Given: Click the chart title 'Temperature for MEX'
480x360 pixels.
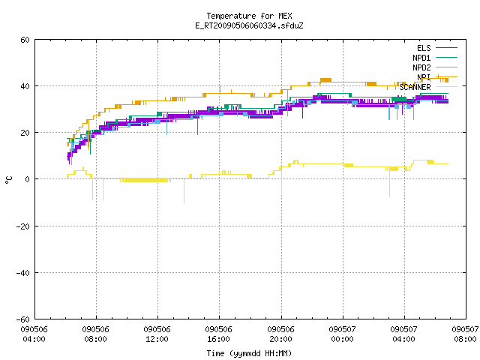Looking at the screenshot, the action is point(249,16).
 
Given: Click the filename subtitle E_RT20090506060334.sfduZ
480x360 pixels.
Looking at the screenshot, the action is point(249,25).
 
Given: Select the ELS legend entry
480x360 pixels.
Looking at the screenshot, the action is point(424,48).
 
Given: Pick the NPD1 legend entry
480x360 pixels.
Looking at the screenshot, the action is point(421,58).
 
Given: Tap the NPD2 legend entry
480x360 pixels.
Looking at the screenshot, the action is point(421,67).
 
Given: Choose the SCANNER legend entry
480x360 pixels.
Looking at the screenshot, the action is point(415,87).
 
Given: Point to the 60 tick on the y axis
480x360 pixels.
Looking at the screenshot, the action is point(25,40).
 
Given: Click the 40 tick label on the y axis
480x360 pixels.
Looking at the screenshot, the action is point(25,86).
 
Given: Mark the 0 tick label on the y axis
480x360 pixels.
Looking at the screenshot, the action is point(28,179).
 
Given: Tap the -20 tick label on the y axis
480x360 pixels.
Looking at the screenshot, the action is point(23,226).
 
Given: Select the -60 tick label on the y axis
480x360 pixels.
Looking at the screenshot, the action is point(23,319).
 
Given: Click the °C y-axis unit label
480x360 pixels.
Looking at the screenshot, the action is point(9,180).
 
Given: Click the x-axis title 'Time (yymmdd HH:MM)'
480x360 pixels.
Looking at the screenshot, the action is point(249,353).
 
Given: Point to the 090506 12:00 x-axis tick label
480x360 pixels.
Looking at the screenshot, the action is point(157,334).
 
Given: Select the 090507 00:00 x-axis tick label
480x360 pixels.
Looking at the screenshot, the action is point(342,334).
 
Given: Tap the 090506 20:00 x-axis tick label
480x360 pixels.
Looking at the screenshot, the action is point(280,334).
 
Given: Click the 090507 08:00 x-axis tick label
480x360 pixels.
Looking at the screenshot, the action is point(465,334).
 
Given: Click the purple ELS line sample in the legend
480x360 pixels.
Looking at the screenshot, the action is point(447,48).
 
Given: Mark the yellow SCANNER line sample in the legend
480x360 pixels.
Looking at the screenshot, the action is point(447,87).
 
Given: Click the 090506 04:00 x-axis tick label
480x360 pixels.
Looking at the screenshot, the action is point(34,334).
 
